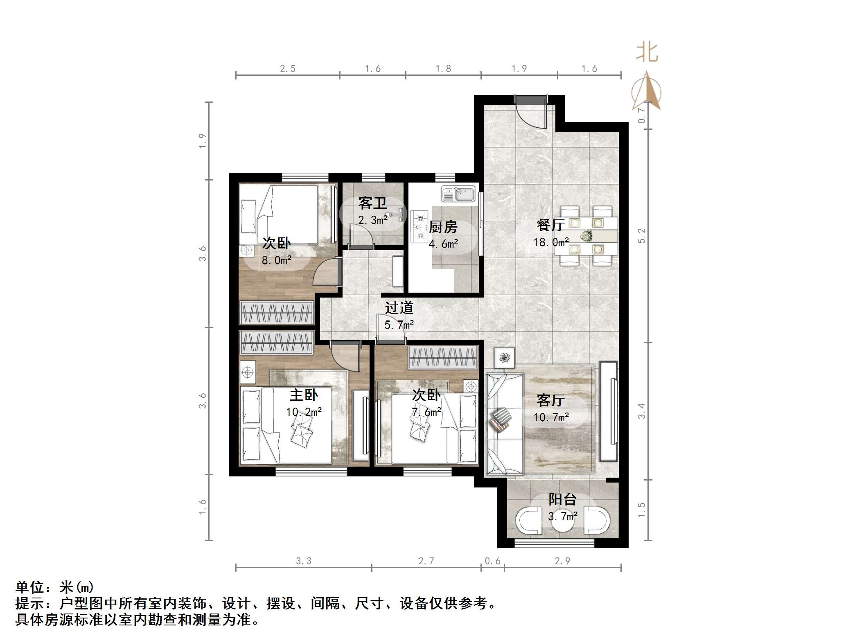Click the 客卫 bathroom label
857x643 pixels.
point(372,203)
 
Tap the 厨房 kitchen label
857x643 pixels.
point(443,227)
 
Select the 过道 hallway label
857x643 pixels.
point(399,308)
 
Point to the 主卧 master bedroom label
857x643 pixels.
point(304,395)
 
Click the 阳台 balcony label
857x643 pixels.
point(562,499)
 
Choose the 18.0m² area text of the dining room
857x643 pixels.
point(551,242)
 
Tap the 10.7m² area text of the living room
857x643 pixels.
point(551,417)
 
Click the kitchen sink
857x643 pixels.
point(458,194)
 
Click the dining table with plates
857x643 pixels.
point(586,235)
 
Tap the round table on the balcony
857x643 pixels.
point(563,521)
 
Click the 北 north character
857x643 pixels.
point(647,53)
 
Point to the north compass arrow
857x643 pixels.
point(647,91)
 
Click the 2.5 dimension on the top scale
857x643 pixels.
point(288,69)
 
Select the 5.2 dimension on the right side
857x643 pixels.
point(641,236)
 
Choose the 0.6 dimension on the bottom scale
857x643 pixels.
point(492,561)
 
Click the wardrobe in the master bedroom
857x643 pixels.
point(277,343)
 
